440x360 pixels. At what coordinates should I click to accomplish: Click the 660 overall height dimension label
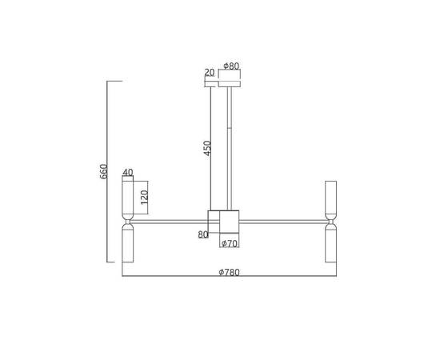[103, 171]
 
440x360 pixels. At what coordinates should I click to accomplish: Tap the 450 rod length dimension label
[207, 148]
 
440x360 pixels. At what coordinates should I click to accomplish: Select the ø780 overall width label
[230, 273]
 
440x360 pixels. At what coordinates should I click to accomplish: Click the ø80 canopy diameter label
[231, 66]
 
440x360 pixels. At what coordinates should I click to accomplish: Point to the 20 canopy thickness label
[210, 73]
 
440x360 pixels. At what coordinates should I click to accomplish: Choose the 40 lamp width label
[128, 172]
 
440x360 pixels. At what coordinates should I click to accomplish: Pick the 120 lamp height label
[144, 198]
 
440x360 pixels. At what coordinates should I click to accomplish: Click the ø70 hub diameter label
[230, 243]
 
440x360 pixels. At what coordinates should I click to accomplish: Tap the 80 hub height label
[203, 234]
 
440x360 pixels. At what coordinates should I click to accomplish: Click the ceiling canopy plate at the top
[230, 84]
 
